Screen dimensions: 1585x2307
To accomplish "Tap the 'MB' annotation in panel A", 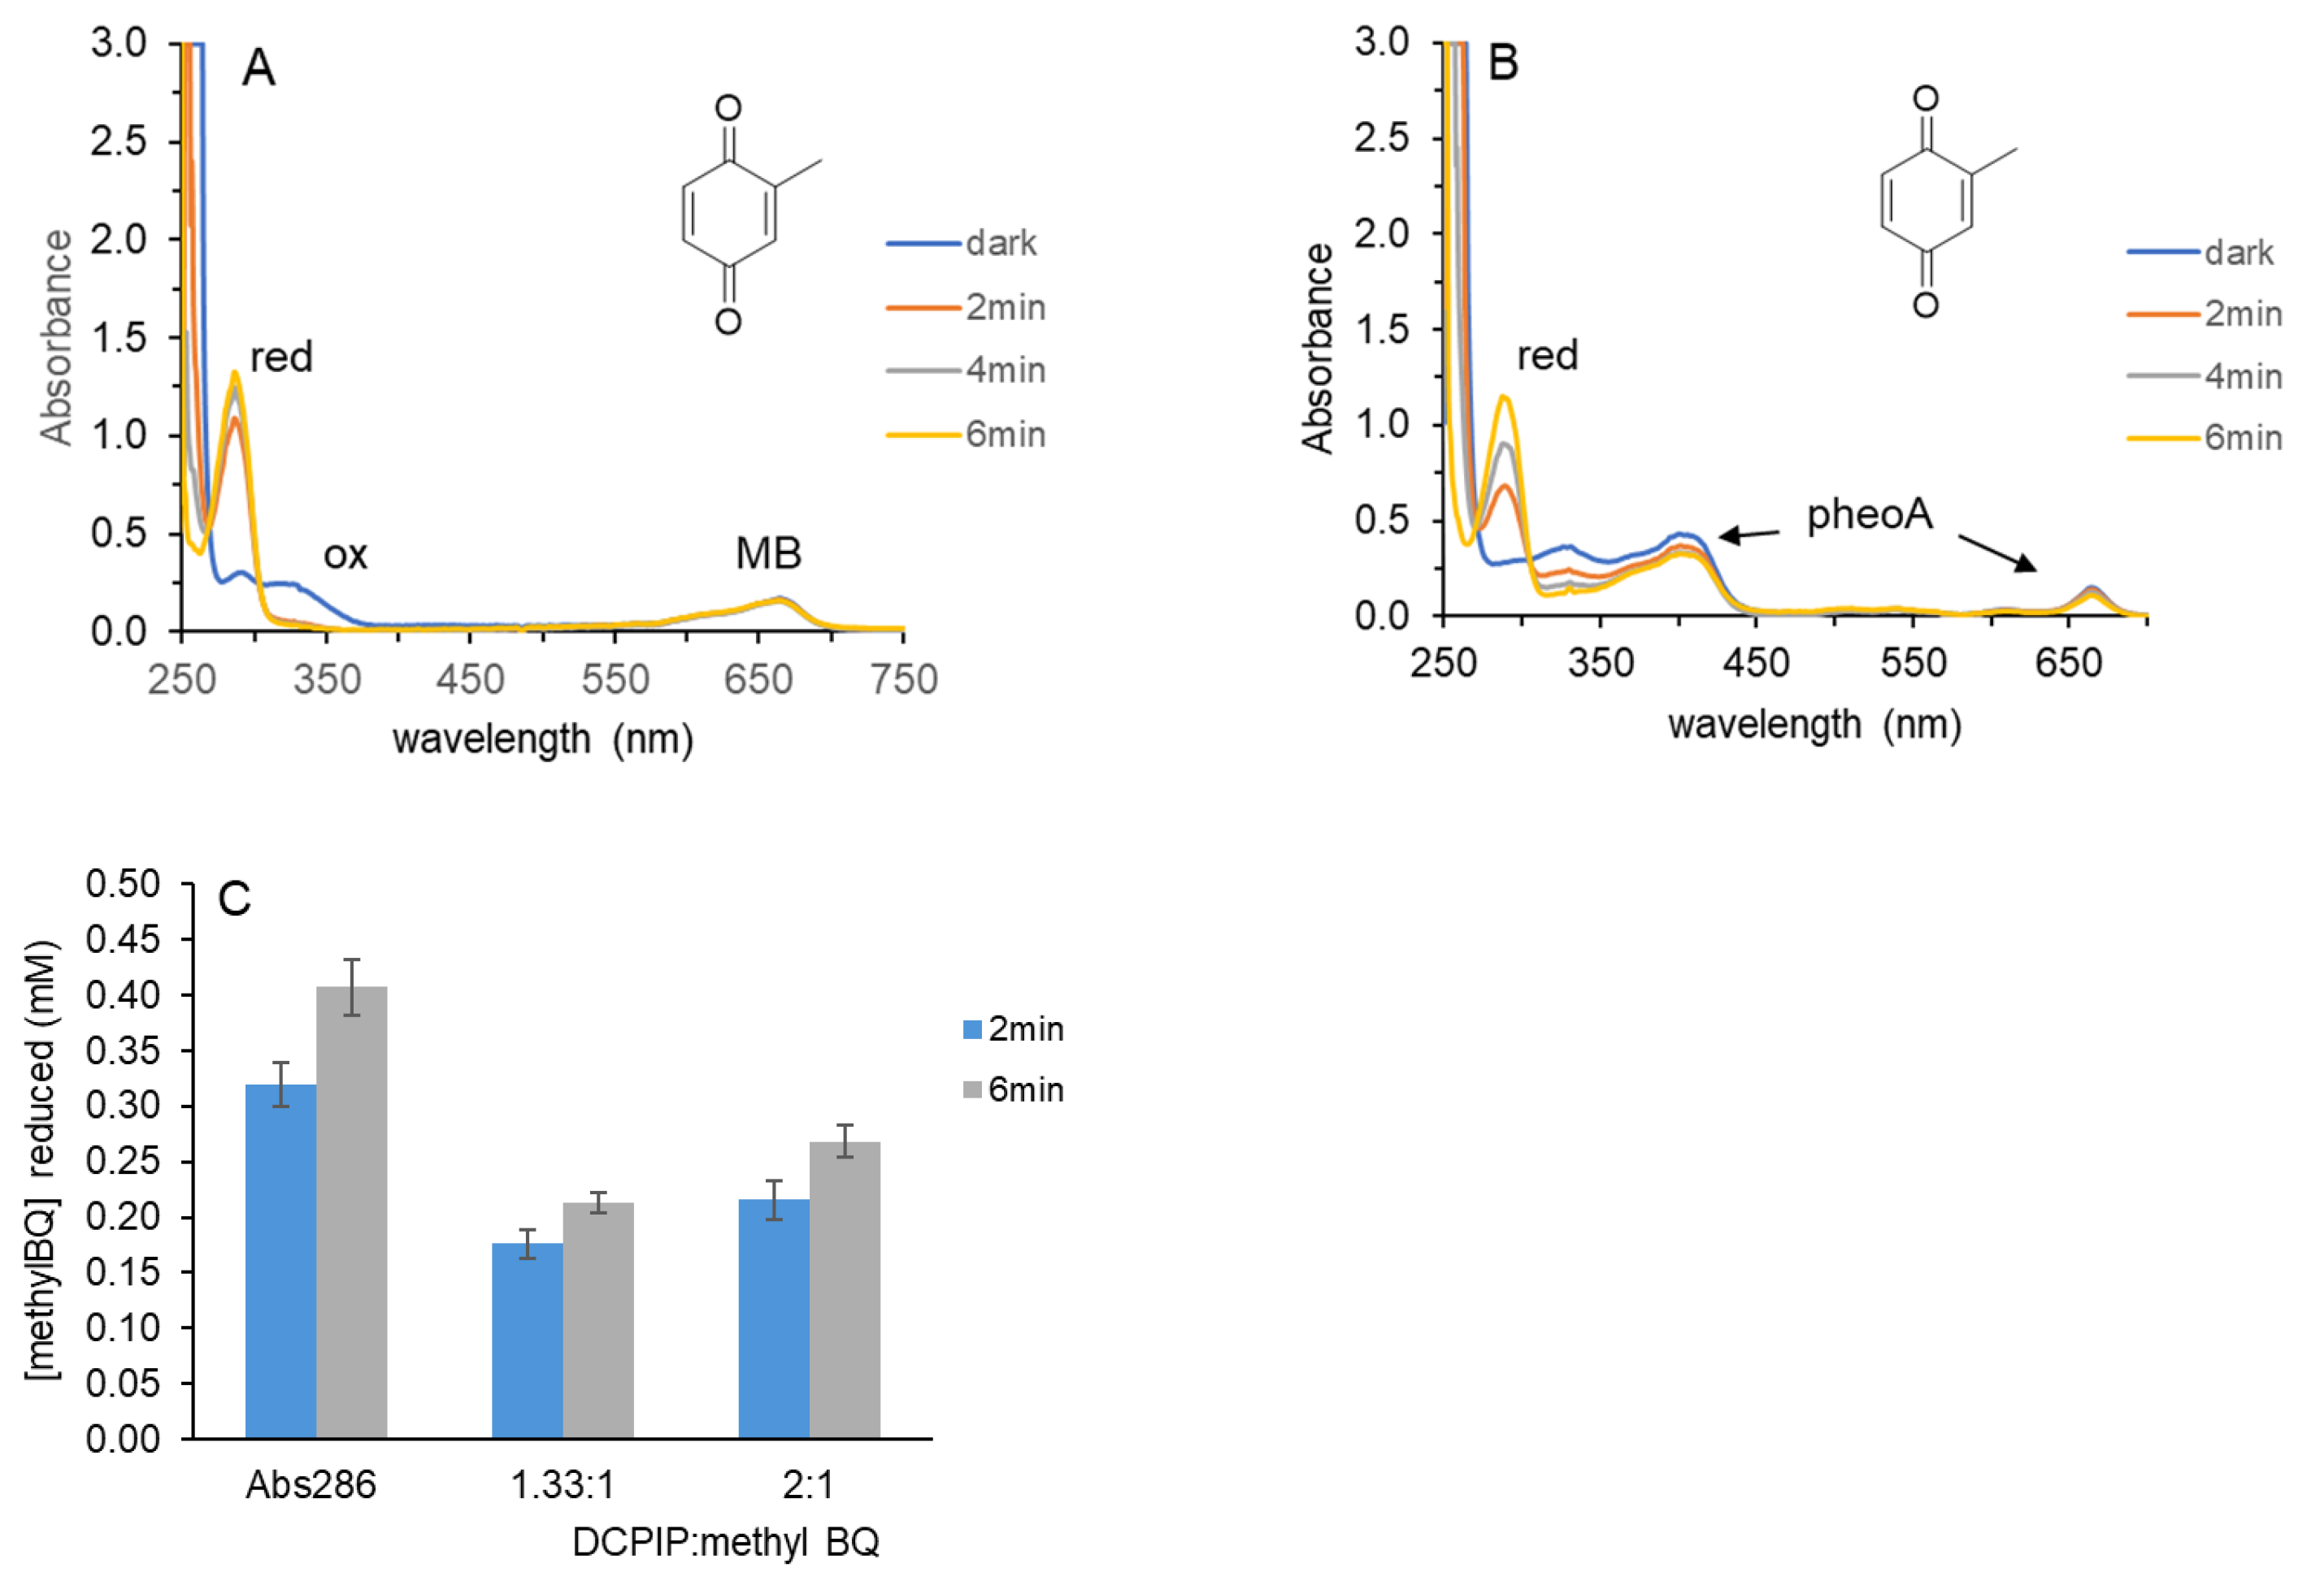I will [x=768, y=553].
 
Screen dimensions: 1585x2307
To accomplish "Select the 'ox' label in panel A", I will [x=345, y=554].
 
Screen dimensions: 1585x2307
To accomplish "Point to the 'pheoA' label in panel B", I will [x=1869, y=514].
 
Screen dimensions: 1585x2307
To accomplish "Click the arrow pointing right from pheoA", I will [x=1997, y=553].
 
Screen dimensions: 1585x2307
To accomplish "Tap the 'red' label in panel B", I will [x=1547, y=354].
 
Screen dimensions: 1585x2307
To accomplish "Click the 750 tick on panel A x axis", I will [x=903, y=680].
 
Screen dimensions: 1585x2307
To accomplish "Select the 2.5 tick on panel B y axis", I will [x=1381, y=137].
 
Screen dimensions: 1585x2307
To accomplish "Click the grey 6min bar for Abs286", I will [x=352, y=1211].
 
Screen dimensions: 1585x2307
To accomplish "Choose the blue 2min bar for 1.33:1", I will [x=527, y=1340].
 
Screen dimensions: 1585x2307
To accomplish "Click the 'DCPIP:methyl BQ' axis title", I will [x=725, y=1542].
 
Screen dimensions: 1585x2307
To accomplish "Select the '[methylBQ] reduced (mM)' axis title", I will [x=41, y=1160].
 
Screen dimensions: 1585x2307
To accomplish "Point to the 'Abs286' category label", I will [x=311, y=1485].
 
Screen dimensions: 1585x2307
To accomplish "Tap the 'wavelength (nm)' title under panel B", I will [x=1814, y=724].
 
